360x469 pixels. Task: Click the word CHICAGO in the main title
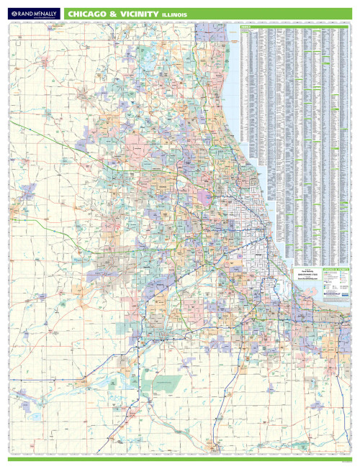coord(91,13)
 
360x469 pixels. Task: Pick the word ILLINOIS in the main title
coord(176,14)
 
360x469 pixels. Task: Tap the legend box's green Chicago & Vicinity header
coord(333,269)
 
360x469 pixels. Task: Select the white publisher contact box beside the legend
coord(305,278)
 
